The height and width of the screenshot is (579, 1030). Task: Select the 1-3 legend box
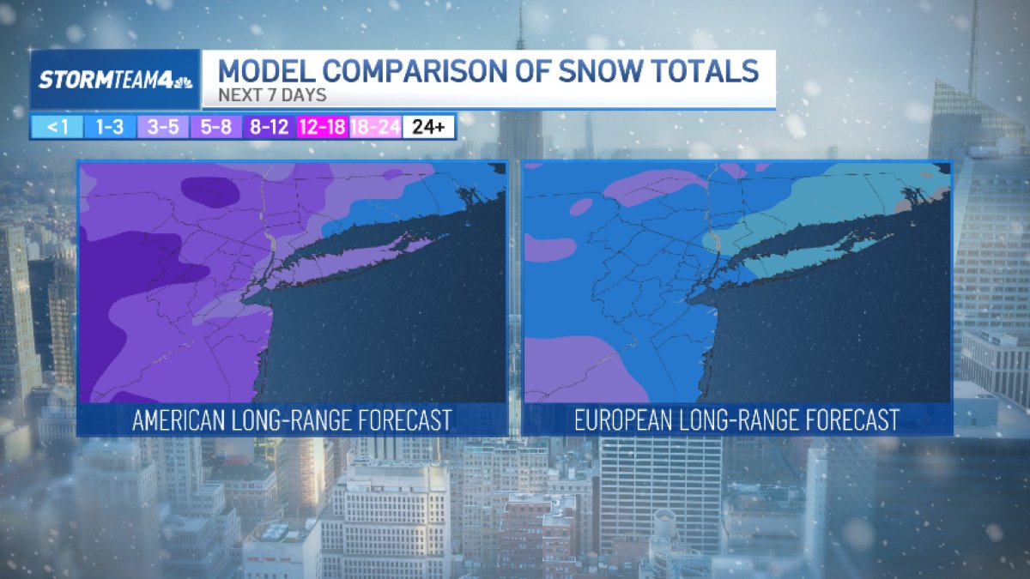point(109,127)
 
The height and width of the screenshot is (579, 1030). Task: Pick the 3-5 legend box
point(162,127)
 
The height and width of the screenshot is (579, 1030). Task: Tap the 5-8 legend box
point(215,127)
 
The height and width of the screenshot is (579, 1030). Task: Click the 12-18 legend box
point(322,127)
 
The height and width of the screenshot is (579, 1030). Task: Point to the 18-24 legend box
point(375,127)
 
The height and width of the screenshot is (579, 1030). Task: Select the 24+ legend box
point(428,127)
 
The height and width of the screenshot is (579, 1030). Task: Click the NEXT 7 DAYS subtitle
point(271,95)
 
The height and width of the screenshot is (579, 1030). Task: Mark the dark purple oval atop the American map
point(210,191)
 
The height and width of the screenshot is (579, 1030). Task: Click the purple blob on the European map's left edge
point(548,248)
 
